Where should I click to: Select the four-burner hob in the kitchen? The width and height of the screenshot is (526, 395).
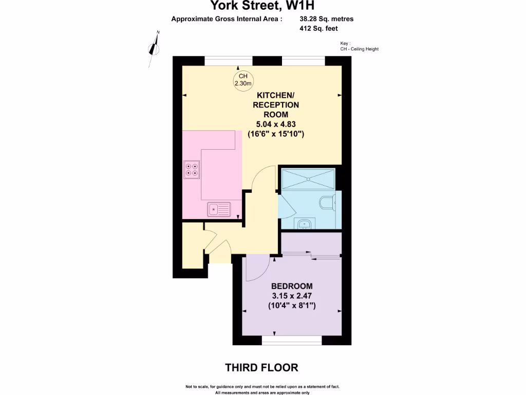click(x=193, y=169)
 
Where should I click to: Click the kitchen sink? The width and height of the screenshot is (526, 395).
click(x=219, y=209)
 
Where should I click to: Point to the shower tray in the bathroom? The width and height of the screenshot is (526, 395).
click(x=308, y=179)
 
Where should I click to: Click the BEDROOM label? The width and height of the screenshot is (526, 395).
click(x=291, y=286)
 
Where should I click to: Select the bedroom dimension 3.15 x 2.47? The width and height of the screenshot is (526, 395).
click(x=291, y=296)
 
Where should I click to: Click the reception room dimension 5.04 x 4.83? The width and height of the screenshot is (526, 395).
click(x=276, y=124)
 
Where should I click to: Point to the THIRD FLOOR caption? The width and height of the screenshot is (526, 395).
click(x=261, y=368)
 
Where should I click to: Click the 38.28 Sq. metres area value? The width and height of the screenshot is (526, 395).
click(x=326, y=19)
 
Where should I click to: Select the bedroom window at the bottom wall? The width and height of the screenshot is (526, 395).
click(x=292, y=340)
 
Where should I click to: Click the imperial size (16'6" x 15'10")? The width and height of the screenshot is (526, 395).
click(x=276, y=134)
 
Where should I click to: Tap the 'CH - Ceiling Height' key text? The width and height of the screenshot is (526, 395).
click(x=359, y=49)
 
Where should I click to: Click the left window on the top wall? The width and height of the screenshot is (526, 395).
click(x=228, y=60)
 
